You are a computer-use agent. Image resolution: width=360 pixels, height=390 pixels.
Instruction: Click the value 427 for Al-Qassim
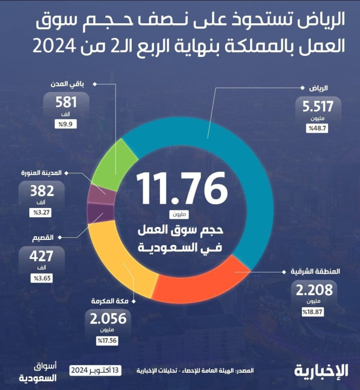tap(42, 256)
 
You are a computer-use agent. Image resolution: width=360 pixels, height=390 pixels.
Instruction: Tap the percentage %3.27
tap(42, 212)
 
